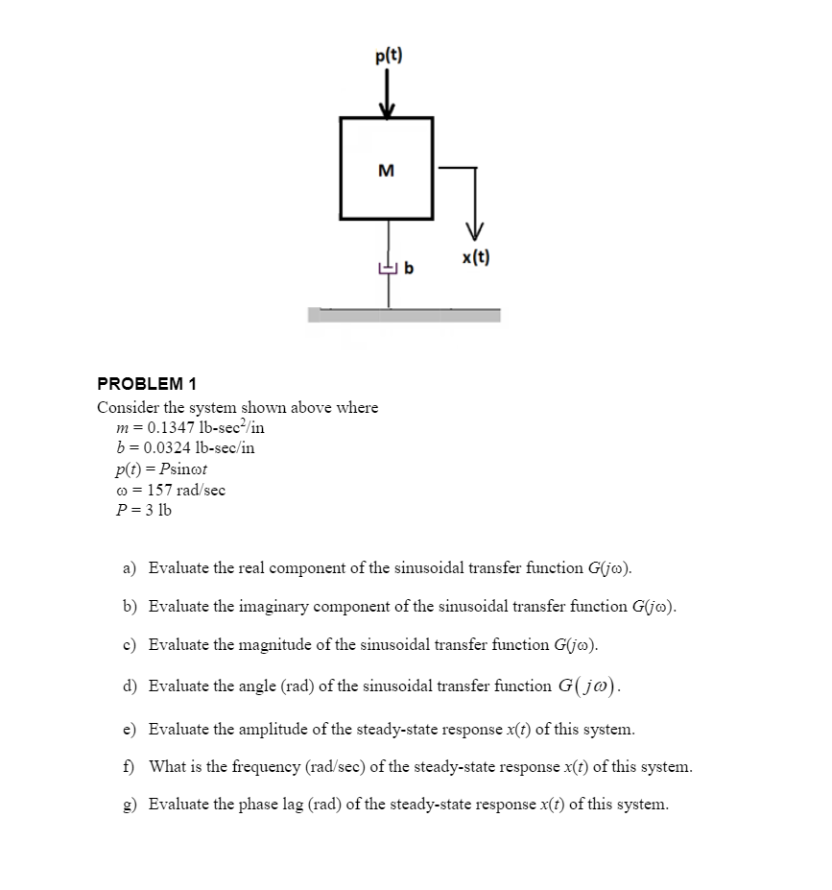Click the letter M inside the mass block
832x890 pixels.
(386, 171)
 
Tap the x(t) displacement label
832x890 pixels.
(475, 257)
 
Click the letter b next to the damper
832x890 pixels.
(409, 269)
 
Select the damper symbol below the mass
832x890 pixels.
(388, 269)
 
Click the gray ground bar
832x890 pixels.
(404, 315)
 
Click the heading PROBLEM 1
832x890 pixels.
(147, 383)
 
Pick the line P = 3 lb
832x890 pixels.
(143, 509)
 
